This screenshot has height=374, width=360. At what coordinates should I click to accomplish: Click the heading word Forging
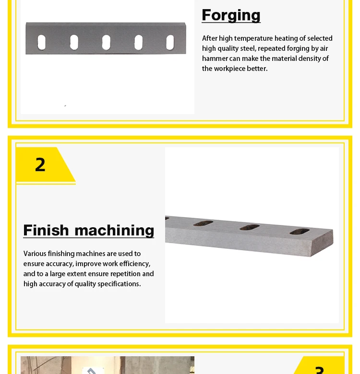231,15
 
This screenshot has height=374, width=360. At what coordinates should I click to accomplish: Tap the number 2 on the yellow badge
40,165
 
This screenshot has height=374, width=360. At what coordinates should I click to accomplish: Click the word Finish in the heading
46,230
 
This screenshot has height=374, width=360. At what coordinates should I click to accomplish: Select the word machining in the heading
115,231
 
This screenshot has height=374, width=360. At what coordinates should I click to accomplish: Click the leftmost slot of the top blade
42,42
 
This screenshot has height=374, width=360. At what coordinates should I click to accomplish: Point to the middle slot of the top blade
106,42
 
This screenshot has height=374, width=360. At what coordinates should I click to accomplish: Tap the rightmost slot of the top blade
170,42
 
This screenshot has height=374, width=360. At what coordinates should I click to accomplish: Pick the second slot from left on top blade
74,42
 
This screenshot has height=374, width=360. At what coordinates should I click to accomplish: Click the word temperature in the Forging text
253,38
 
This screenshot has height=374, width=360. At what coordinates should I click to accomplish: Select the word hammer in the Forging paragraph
215,58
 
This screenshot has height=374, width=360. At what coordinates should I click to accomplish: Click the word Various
35,254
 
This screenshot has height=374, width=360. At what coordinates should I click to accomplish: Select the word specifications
117,284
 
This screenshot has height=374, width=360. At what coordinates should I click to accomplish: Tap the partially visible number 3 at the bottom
320,370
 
